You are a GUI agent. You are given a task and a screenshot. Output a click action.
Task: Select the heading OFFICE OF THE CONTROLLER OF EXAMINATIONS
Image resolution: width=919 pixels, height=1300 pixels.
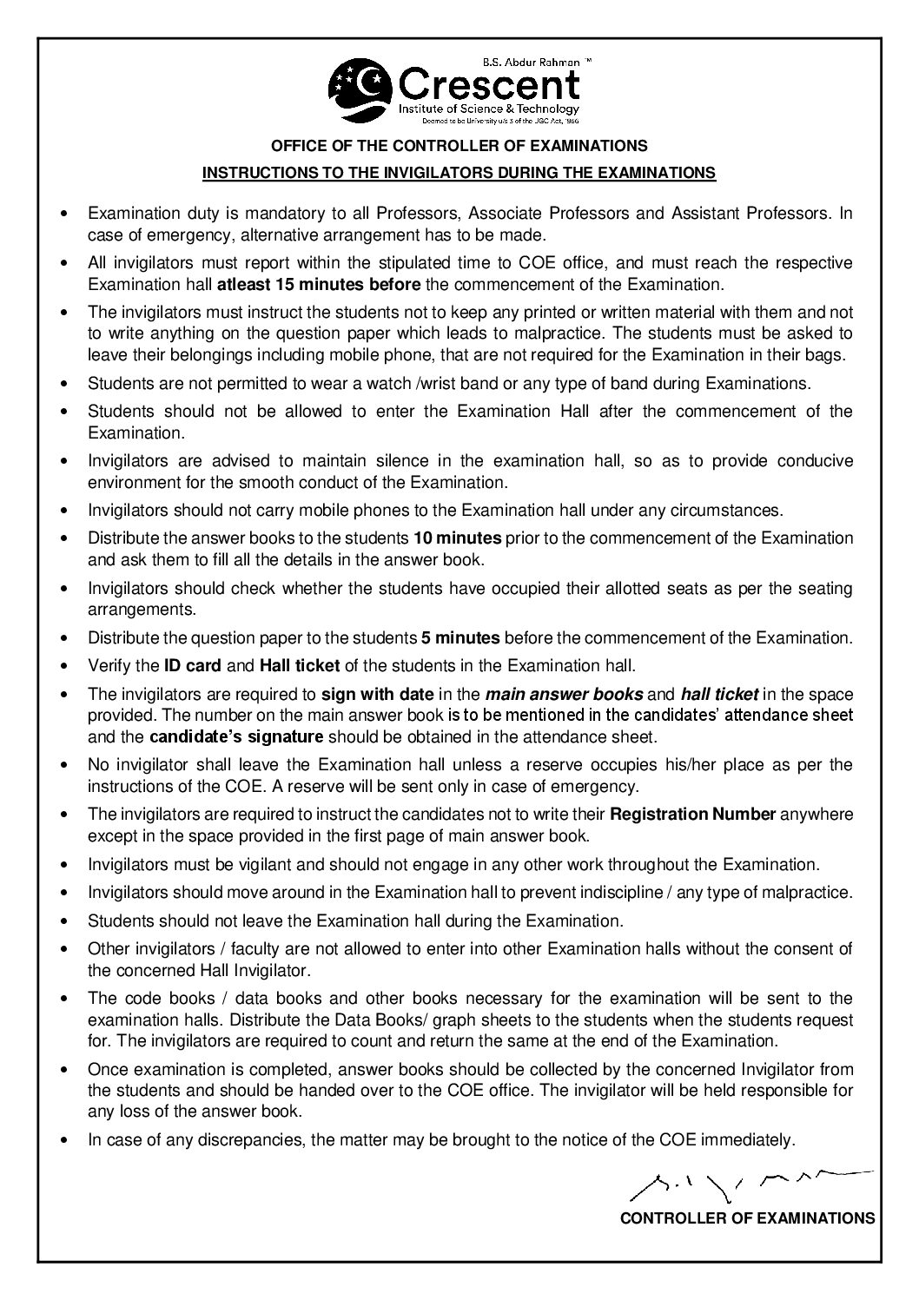pyautogui.click(x=459, y=145)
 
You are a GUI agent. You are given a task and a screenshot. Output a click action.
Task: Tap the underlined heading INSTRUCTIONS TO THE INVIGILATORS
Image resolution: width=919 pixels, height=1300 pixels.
pyautogui.click(x=459, y=173)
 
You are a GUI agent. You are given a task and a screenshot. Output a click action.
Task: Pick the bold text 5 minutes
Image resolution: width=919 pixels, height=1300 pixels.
pyautogui.click(x=459, y=638)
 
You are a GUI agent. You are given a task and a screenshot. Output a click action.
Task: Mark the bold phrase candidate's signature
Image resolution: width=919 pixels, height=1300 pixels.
pyautogui.click(x=236, y=736)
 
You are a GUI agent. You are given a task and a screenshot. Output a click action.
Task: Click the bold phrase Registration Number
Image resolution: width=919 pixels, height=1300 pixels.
pyautogui.click(x=693, y=815)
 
